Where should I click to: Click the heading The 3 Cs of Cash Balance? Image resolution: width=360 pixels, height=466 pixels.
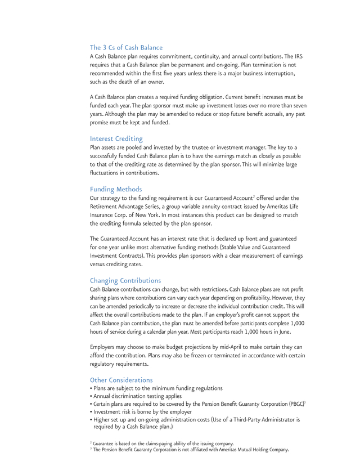(x=126, y=47)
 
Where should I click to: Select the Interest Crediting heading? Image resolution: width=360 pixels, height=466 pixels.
(x=116, y=138)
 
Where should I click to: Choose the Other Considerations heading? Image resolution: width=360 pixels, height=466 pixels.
(x=121, y=380)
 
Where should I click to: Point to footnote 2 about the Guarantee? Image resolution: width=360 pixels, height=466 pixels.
(x=163, y=443)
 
